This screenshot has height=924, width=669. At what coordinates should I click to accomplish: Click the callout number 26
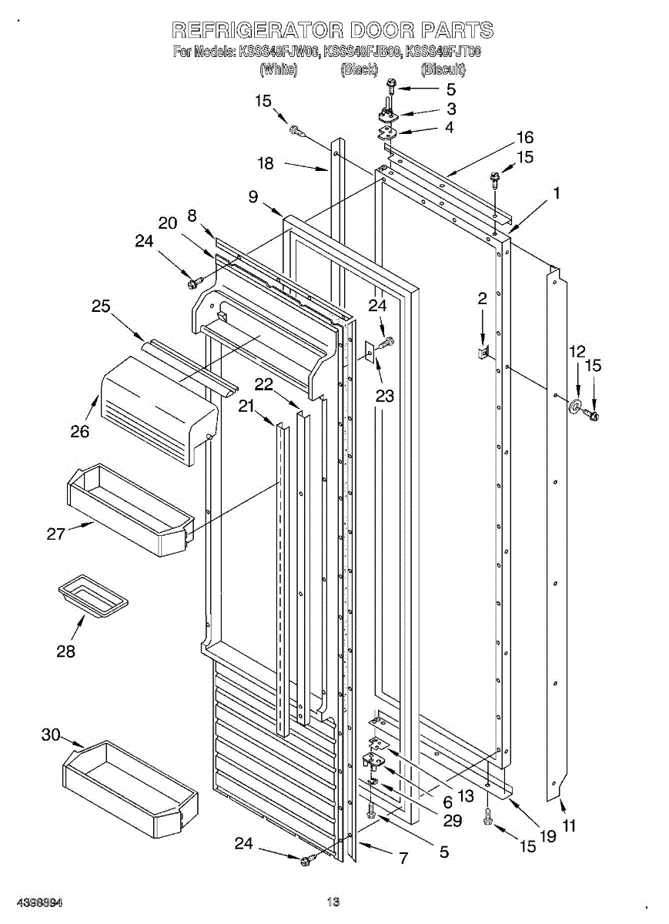[x=80, y=431]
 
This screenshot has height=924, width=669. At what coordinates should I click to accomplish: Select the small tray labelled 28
[x=92, y=596]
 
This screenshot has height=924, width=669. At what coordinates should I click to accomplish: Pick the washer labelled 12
[x=574, y=406]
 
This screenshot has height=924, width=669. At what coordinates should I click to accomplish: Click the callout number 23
[x=384, y=397]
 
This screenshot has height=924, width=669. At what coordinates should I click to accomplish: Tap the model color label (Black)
[x=359, y=70]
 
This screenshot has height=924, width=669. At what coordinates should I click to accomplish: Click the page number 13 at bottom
[x=333, y=902]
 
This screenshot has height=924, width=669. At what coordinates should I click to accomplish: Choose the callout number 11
[x=569, y=826]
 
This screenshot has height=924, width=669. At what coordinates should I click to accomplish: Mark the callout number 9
[x=253, y=196]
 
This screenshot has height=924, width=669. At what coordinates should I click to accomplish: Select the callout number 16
[x=524, y=138]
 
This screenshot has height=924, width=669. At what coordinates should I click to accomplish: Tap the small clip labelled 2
[x=483, y=353]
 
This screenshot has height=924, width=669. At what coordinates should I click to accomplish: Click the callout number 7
[x=403, y=858]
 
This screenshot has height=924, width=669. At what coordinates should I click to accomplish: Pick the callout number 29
[x=452, y=821]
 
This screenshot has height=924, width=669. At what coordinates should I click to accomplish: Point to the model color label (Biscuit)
[x=443, y=70]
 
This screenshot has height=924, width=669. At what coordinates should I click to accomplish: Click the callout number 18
[x=265, y=163]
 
